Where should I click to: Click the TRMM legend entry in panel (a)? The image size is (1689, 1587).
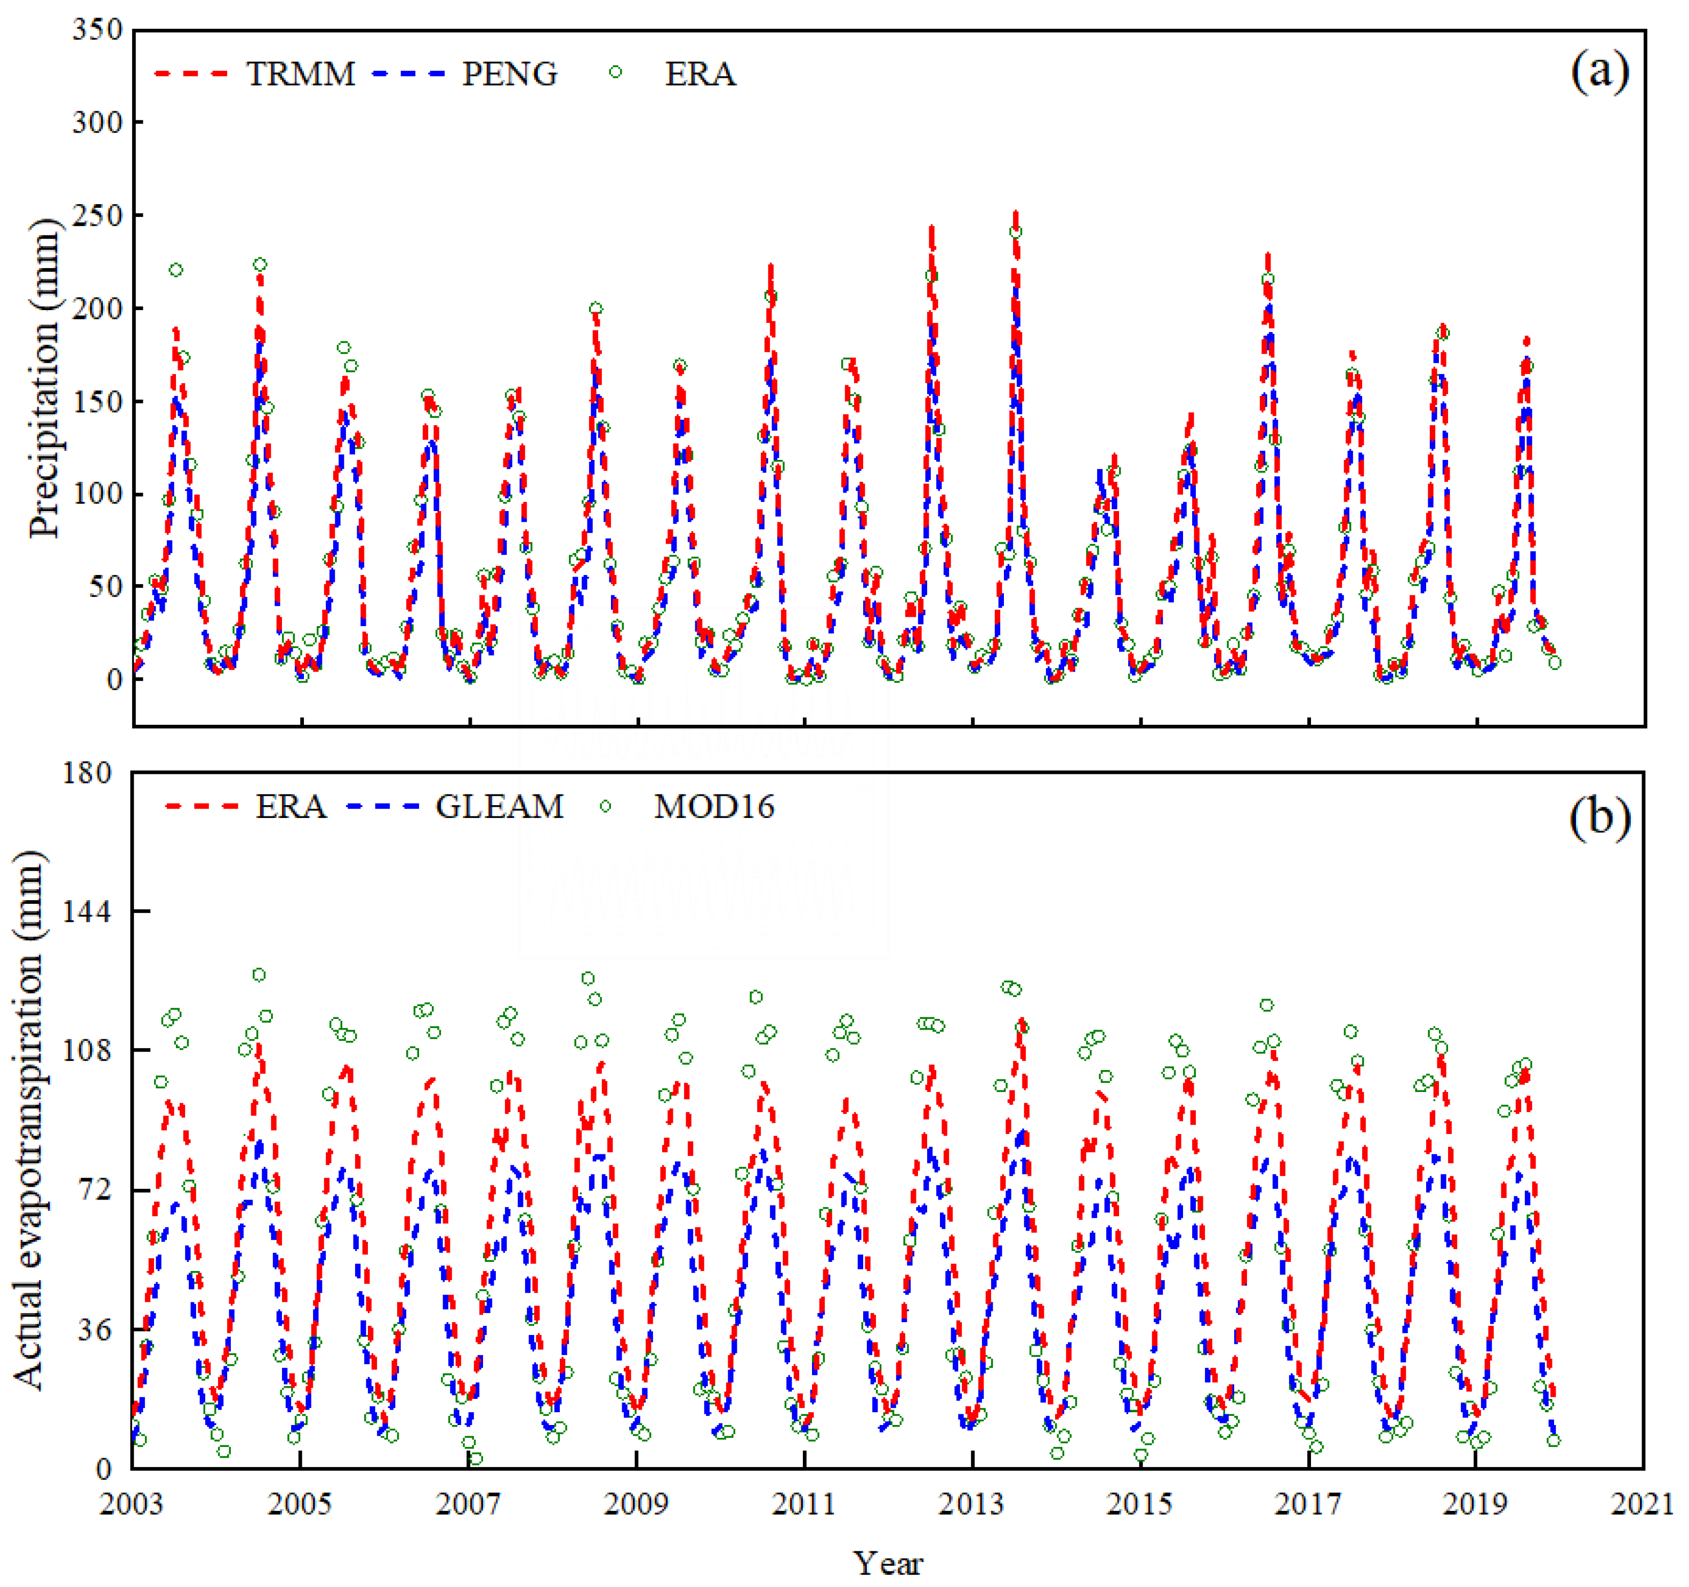300,74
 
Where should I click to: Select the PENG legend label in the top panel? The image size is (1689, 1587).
509,74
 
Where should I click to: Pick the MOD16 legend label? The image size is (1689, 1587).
714,806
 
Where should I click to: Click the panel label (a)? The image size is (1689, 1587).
1599,71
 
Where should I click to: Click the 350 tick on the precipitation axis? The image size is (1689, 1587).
97,30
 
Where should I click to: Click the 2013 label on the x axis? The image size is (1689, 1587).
971,1503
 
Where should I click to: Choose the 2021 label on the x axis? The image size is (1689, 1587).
1642,1503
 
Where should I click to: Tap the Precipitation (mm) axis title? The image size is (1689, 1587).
44,378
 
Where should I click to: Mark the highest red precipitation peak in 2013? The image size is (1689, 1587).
1015,215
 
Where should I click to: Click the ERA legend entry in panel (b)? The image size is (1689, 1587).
291,806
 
